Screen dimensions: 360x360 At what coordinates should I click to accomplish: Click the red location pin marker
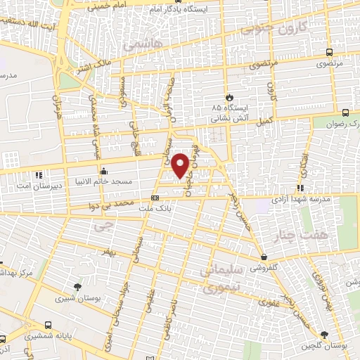click(181, 165)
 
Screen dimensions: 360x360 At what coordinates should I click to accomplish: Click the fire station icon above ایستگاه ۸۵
click(229, 97)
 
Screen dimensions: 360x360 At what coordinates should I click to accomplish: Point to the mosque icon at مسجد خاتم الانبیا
click(104, 170)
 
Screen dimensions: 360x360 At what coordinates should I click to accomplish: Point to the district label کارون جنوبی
click(275, 30)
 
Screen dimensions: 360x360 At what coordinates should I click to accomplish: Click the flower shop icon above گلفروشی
click(263, 257)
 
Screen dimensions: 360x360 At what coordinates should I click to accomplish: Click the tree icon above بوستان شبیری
click(77, 286)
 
